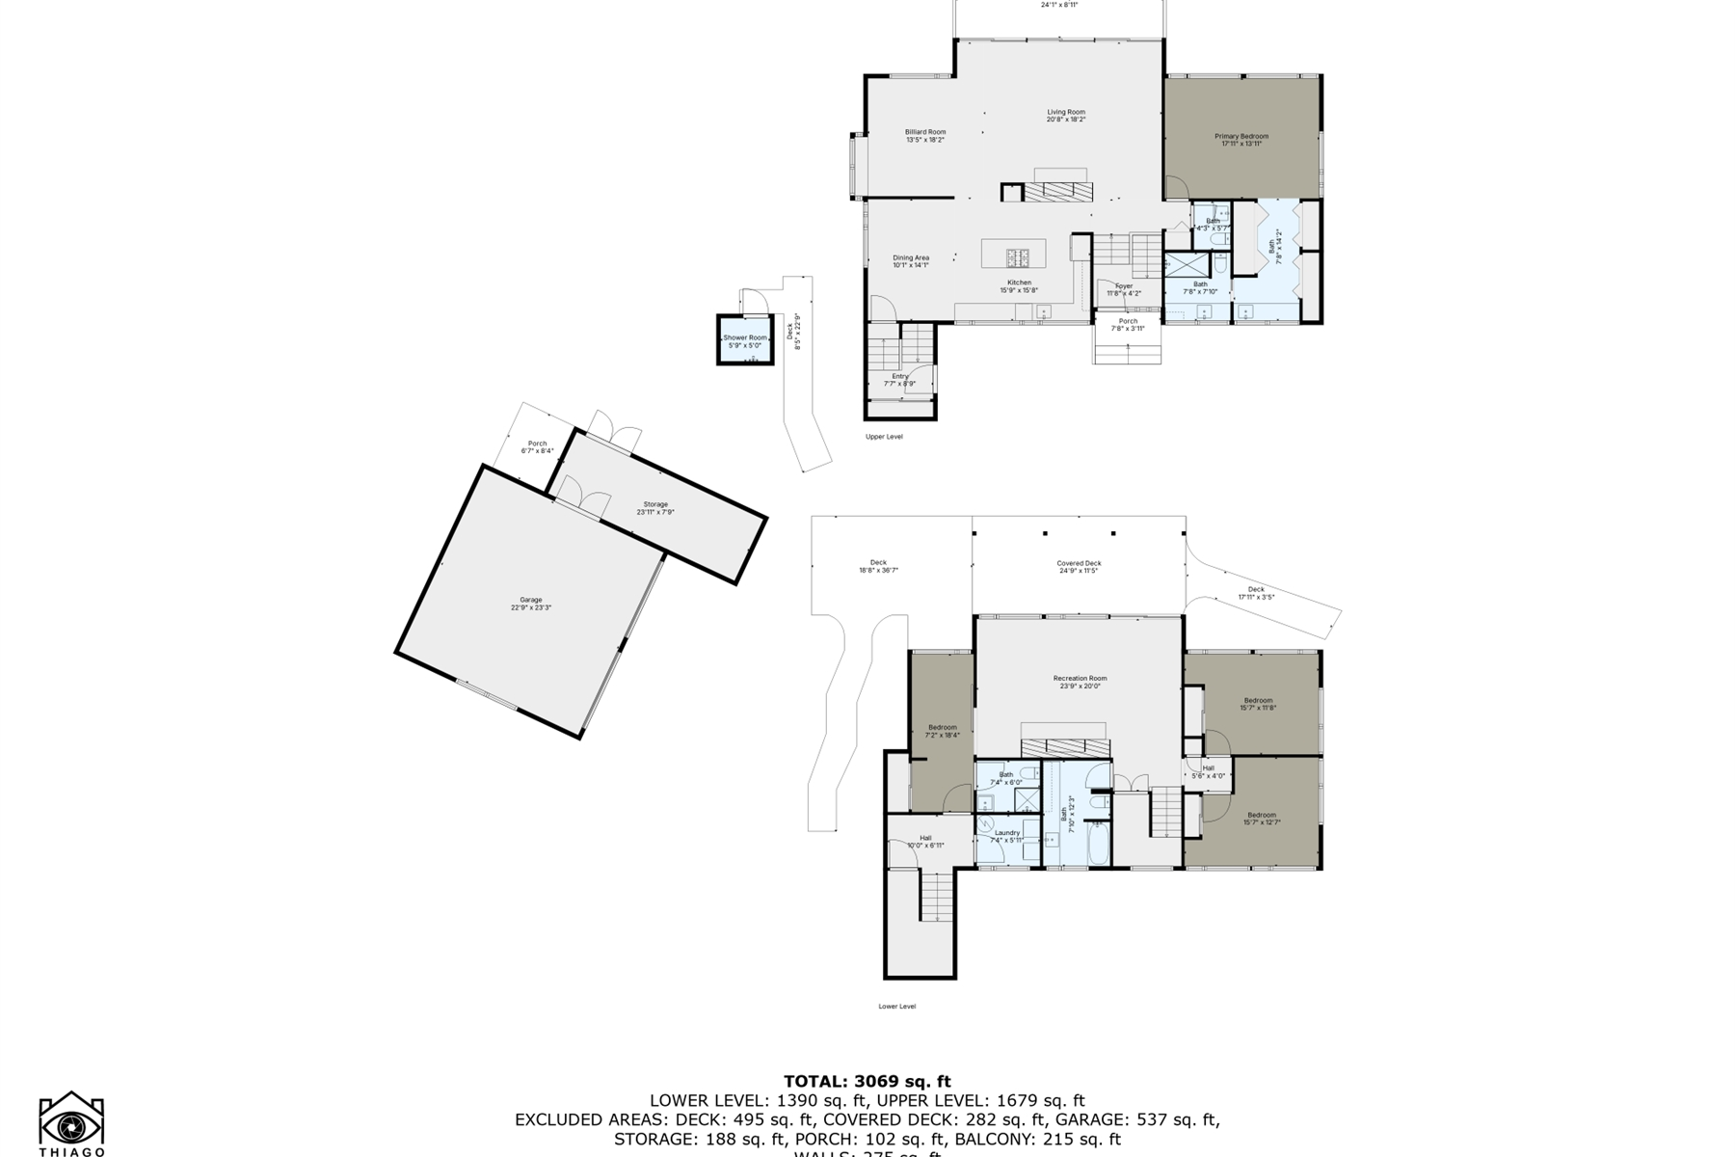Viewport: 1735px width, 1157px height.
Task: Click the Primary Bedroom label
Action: pos(1241,140)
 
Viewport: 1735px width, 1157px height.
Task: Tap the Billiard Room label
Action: pos(924,136)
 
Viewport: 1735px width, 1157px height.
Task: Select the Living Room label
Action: pos(1066,116)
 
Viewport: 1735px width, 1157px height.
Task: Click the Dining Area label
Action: pos(910,261)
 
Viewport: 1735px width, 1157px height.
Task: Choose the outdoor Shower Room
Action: pos(745,341)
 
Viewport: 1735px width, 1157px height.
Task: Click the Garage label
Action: pos(530,604)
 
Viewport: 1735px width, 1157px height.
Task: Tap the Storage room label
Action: pos(655,508)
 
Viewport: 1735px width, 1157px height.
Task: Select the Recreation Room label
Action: pos(1080,682)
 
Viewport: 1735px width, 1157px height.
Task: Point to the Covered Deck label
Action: pos(1079,567)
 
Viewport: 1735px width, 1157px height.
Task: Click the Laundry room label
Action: pos(1006,836)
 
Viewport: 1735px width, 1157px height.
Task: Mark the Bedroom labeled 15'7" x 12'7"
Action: pos(1261,819)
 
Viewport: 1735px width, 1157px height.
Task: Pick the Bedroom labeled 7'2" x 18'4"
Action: pos(942,731)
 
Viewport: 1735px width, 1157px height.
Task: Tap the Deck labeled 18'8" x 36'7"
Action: pos(878,566)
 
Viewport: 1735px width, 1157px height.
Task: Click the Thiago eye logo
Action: pos(71,1123)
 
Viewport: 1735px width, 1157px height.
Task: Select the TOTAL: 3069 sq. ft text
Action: pos(867,1081)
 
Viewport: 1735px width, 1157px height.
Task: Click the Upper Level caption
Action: pos(884,437)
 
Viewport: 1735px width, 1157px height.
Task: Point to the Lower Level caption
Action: pos(896,1007)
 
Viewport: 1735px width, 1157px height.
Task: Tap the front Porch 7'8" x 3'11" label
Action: pos(1128,324)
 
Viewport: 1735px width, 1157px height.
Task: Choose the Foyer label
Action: pos(1124,289)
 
